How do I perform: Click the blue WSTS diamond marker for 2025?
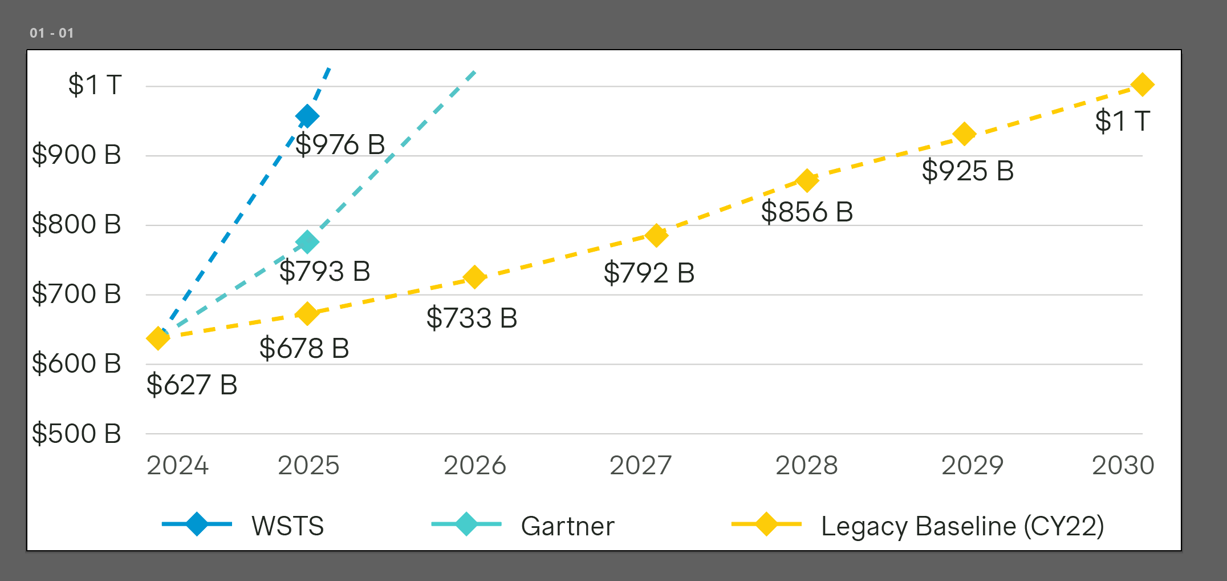(x=307, y=116)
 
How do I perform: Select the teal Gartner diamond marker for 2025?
(x=307, y=242)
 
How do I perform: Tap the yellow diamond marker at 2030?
(x=1142, y=84)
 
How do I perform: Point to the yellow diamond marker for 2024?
(x=158, y=338)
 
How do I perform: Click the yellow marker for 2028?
(x=806, y=181)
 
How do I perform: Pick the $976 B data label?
(x=340, y=144)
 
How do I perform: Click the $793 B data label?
(x=324, y=271)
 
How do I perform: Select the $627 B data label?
(x=192, y=385)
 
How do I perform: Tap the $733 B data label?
(x=472, y=318)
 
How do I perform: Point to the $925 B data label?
(x=968, y=171)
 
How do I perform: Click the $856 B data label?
(x=807, y=212)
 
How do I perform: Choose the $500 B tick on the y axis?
(x=76, y=433)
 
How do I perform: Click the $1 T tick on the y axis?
(x=95, y=85)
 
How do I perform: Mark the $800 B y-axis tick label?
(x=76, y=224)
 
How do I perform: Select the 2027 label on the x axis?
(x=640, y=465)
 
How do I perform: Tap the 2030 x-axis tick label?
(x=1123, y=465)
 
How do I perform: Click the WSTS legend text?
(x=288, y=526)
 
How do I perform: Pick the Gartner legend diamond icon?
(x=466, y=524)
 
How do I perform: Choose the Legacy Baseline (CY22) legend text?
(x=962, y=526)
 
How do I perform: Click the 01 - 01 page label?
(x=52, y=33)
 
